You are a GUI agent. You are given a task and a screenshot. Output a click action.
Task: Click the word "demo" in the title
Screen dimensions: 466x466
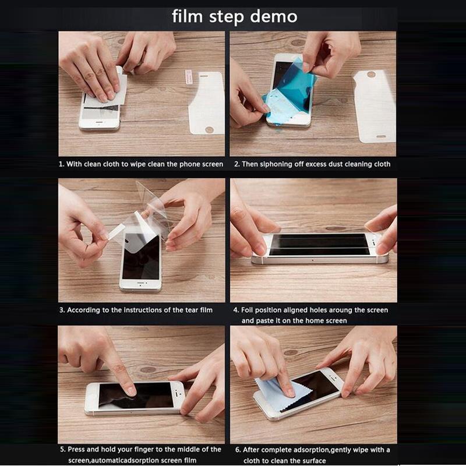coord(273,16)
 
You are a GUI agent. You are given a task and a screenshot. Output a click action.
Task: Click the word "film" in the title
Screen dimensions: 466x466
coord(187,16)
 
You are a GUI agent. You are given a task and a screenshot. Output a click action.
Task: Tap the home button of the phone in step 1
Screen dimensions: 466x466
coord(100,123)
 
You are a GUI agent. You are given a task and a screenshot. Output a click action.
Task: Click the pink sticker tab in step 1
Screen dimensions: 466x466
coord(188,77)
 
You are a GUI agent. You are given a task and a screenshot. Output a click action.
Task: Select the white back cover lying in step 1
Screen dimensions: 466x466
coord(207,103)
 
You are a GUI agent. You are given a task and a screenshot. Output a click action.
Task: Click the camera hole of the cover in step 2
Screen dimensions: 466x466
coord(371,75)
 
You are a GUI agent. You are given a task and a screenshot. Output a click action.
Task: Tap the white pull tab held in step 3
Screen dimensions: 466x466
coord(116,231)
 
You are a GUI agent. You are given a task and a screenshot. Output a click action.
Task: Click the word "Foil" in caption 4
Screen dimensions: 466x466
coord(246,310)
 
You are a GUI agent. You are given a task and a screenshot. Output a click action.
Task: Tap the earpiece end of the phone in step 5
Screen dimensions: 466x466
coord(178,395)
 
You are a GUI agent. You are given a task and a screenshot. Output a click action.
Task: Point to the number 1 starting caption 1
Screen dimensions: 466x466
coord(61,164)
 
